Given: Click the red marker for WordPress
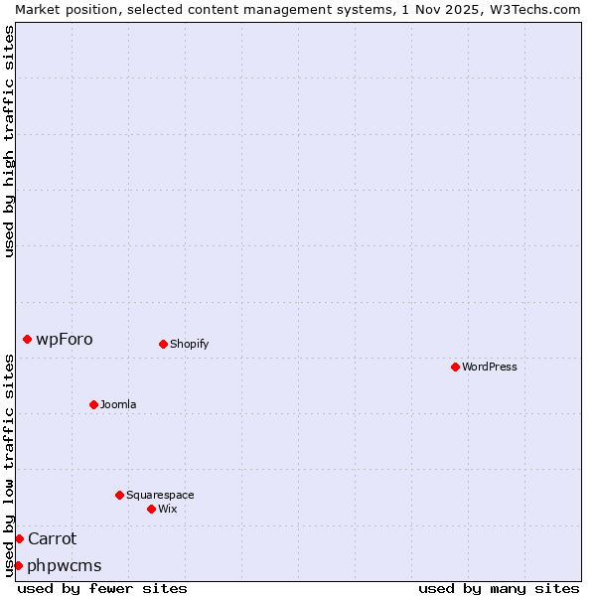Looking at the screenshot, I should [455, 367].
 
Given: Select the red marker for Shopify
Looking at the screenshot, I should [163, 344].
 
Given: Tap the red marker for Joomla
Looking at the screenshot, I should [93, 404].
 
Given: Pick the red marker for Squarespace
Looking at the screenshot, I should [119, 495].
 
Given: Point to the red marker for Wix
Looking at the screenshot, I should [151, 509].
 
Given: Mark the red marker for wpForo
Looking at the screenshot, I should [27, 339].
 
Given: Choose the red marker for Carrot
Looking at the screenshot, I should [19, 538].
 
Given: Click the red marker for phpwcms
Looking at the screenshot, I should [18, 565].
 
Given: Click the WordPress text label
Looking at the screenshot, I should [490, 367].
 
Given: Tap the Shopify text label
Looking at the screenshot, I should [189, 344].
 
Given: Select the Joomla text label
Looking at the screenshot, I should [118, 404].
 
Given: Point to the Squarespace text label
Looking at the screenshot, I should [160, 495].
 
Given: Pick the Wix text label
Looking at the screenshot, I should [167, 509].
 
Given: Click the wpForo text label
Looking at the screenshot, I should [65, 339].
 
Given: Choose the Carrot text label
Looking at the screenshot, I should [52, 538].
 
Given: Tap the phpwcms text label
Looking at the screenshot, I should [65, 565].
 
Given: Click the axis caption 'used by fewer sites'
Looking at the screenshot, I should [102, 588].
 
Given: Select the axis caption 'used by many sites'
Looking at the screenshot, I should [499, 588].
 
